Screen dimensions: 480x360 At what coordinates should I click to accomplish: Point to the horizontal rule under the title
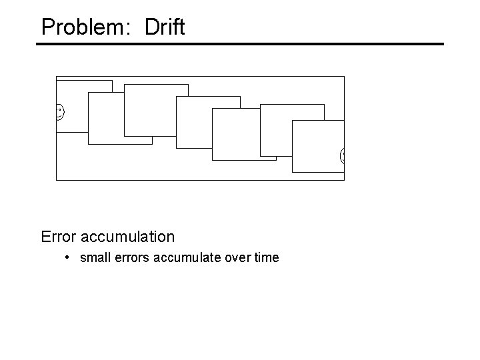click(240, 44)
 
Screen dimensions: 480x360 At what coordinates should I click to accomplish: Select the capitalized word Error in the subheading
click(58, 237)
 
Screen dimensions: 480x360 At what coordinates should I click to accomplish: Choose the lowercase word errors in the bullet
click(131, 257)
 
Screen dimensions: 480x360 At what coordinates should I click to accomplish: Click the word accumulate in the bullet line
click(188, 257)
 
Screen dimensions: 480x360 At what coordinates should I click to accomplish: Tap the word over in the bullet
click(239, 257)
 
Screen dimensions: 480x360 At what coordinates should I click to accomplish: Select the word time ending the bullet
click(267, 257)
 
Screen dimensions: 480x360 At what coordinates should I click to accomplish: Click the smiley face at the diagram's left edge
click(59, 112)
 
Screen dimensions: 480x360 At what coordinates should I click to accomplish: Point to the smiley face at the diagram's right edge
click(343, 155)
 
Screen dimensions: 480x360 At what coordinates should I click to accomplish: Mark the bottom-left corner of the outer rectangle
click(56, 180)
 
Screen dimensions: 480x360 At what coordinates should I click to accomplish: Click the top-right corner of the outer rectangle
click(344, 76)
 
